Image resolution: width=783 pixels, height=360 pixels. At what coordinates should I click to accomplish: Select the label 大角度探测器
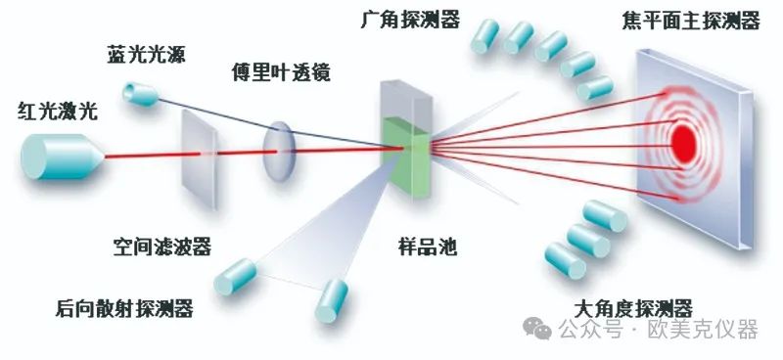[x=632, y=309]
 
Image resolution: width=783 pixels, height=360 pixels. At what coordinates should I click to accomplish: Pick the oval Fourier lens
[x=279, y=152]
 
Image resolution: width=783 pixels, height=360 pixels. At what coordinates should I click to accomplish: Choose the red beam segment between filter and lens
[x=240, y=153]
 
